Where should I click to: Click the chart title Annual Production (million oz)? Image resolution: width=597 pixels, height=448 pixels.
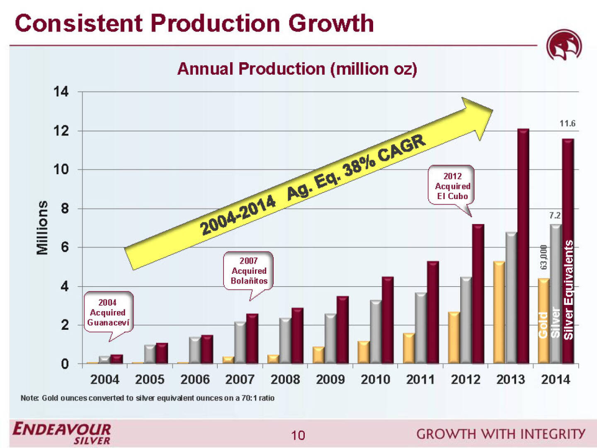(297, 69)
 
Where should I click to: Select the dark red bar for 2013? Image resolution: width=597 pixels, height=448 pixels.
(523, 247)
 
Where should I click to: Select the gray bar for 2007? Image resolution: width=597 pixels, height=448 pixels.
(240, 343)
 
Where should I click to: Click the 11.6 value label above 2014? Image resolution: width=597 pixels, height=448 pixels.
(567, 124)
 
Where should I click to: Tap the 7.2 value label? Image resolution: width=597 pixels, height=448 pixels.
(555, 215)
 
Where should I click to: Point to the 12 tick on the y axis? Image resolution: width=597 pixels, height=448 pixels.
(61, 131)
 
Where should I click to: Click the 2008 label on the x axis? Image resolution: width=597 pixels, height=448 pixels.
(285, 379)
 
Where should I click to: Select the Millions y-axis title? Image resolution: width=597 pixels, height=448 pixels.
(42, 227)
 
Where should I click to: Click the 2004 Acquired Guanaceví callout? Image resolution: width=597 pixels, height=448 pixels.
(108, 312)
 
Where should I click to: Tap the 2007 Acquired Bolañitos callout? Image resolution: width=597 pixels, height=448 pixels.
(249, 270)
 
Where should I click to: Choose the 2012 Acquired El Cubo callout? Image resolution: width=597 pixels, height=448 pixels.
(452, 186)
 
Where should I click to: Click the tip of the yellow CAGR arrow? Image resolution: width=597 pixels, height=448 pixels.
(492, 110)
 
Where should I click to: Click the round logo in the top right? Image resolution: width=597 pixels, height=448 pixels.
(564, 46)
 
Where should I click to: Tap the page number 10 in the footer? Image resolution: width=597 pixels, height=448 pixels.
(298, 435)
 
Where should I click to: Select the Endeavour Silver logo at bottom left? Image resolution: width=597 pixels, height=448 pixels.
(62, 433)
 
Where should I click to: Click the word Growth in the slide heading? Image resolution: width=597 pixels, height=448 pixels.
(331, 23)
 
